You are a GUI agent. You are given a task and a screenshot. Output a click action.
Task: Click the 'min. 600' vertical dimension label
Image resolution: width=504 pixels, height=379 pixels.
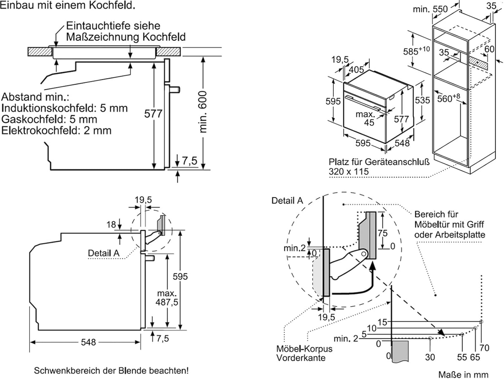tap(203, 112)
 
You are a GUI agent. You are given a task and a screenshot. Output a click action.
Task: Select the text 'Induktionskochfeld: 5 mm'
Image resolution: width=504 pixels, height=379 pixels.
tap(65, 108)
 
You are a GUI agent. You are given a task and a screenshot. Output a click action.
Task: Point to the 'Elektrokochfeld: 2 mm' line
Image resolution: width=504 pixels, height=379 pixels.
tap(56, 130)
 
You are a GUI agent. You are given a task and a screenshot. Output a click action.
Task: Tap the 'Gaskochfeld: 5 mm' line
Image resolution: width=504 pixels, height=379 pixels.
tap(49, 119)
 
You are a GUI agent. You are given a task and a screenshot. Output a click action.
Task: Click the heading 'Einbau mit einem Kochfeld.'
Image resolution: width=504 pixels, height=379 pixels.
tap(68, 6)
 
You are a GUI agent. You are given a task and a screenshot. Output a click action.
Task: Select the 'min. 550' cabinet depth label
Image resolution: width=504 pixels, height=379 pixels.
tap(430, 9)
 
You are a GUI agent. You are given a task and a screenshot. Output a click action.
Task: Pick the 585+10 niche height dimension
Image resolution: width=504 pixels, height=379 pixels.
tap(416, 51)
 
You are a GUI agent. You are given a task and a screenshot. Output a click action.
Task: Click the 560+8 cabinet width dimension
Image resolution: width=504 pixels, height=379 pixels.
tap(448, 98)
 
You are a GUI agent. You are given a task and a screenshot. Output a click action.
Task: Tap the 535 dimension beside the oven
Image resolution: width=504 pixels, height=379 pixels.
tap(422, 100)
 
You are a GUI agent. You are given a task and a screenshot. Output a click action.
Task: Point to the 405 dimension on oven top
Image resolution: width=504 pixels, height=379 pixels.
tap(356, 69)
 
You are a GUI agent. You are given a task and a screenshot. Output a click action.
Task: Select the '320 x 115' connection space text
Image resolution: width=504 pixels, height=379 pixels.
tap(348, 171)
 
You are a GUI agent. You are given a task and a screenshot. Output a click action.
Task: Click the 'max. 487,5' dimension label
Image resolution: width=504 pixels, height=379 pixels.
tap(167, 298)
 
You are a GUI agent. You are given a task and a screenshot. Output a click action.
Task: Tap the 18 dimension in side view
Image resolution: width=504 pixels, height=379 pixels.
tap(111, 225)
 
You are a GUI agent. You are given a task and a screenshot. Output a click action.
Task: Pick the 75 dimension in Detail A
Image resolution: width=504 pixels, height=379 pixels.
tap(382, 233)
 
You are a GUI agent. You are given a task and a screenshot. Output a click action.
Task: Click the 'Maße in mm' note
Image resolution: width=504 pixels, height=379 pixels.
tap(463, 374)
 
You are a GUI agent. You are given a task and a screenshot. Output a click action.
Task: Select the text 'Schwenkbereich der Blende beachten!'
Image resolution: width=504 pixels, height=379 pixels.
tap(111, 371)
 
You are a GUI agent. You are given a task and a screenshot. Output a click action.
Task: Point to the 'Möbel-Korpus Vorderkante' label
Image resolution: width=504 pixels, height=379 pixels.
tap(304, 353)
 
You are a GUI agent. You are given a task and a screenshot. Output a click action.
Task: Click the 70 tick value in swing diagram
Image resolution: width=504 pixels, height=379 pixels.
tap(484, 348)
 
